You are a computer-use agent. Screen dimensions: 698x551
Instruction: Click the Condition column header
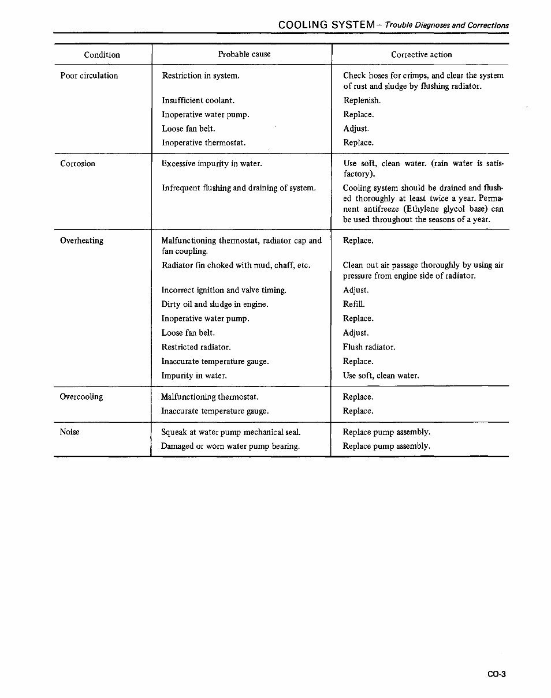coord(102,55)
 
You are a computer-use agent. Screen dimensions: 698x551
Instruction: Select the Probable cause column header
coord(244,54)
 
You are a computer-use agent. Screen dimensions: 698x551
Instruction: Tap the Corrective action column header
coord(421,55)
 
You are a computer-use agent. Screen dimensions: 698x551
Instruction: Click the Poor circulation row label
coord(89,76)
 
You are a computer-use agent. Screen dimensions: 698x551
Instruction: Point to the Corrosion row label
coord(77,164)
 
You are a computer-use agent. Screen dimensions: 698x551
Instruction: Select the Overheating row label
coord(81,241)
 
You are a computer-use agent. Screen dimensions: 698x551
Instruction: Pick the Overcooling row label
coord(81,397)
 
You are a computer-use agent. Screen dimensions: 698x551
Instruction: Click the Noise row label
coord(69,432)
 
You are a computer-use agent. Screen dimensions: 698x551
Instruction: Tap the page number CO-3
coord(496,673)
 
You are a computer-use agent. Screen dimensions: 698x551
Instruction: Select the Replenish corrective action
coord(362,101)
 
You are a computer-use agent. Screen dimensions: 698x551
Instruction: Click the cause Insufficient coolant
coord(198,101)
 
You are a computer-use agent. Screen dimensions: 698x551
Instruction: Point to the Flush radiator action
coord(369,347)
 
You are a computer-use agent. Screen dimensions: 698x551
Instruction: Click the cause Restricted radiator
coord(196,347)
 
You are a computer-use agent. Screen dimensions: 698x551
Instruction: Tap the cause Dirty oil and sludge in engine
coord(215,305)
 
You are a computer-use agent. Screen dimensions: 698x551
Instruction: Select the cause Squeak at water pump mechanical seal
coord(230,432)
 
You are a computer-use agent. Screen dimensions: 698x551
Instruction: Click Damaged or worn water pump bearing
coord(230,446)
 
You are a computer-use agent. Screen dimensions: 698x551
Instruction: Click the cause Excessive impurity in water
coord(211,164)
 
